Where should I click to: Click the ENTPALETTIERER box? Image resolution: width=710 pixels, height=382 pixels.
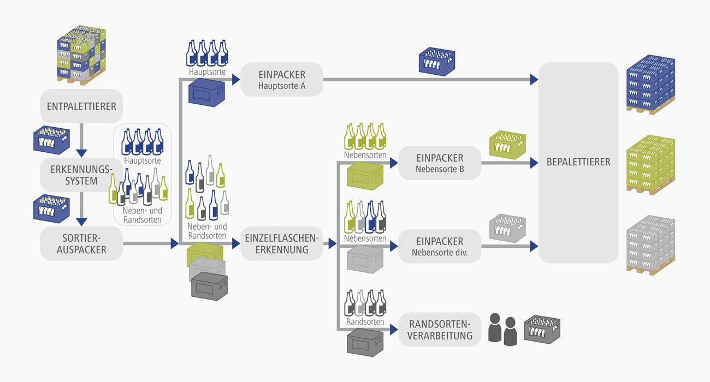[81, 106]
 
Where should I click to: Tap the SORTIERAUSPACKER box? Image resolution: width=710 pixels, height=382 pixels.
[81, 244]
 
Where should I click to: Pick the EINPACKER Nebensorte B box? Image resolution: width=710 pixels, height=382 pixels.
[440, 163]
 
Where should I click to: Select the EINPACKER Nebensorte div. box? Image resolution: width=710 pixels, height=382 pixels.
[440, 246]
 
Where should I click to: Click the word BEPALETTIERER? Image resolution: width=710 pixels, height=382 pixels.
[578, 162]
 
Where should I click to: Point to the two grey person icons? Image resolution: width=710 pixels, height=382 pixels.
[502, 329]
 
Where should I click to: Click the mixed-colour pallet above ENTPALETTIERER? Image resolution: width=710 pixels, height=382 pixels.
[81, 55]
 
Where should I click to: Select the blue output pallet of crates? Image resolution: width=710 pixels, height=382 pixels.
[650, 85]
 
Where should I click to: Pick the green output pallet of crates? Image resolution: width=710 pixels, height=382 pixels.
[650, 165]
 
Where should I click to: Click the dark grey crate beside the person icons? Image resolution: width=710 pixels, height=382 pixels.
[542, 329]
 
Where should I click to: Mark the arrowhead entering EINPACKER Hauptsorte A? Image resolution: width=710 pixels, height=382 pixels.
[235, 80]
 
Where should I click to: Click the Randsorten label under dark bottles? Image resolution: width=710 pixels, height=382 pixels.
[365, 322]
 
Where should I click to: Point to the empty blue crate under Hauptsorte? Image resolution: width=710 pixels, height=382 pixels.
[206, 93]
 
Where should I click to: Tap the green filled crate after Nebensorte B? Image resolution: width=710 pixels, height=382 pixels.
[507, 144]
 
